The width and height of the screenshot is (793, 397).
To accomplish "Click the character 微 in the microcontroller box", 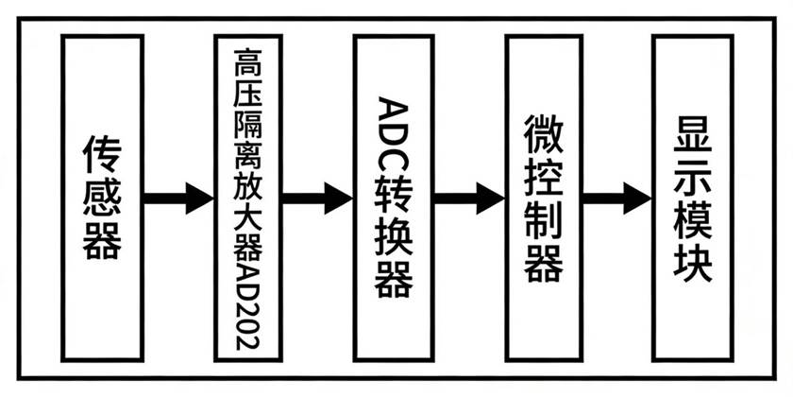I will [x=542, y=136].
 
